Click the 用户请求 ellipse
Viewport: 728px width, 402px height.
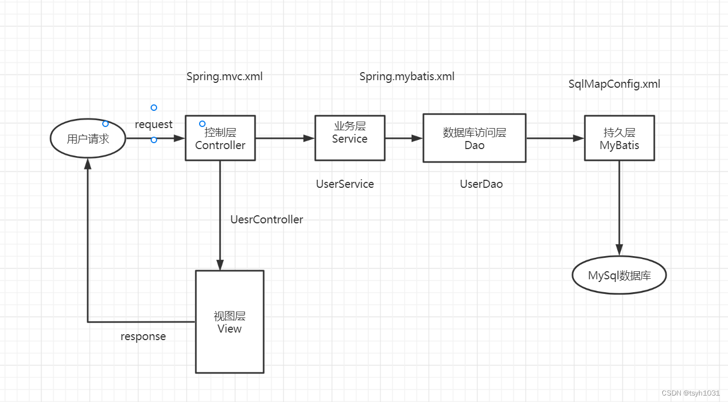pyautogui.click(x=88, y=139)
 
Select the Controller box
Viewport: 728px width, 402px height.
pyautogui.click(x=220, y=138)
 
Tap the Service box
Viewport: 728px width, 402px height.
pyautogui.click(x=350, y=138)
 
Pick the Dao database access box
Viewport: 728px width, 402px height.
pyautogui.click(x=474, y=138)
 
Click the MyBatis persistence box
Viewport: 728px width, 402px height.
pyautogui.click(x=619, y=138)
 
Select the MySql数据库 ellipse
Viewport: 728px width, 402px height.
pyautogui.click(x=619, y=276)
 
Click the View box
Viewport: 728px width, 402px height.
pyautogui.click(x=229, y=322)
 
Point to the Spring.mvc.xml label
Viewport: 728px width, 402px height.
pyautogui.click(x=224, y=76)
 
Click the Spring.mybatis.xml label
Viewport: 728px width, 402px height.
pyautogui.click(x=407, y=76)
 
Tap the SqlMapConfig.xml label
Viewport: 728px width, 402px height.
pyautogui.click(x=614, y=84)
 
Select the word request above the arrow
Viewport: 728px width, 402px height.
pyautogui.click(x=153, y=124)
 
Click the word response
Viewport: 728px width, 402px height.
pyautogui.click(x=143, y=336)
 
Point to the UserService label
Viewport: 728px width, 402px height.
pyautogui.click(x=345, y=184)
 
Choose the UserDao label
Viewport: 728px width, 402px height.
pyautogui.click(x=481, y=184)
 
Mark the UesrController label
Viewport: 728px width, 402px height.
pyautogui.click(x=266, y=220)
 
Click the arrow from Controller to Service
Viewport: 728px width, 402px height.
pyautogui.click(x=285, y=138)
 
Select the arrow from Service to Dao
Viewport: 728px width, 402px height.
pyautogui.click(x=404, y=138)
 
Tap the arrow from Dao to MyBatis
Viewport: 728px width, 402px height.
pyautogui.click(x=555, y=138)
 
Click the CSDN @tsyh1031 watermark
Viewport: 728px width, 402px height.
pyautogui.click(x=690, y=393)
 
